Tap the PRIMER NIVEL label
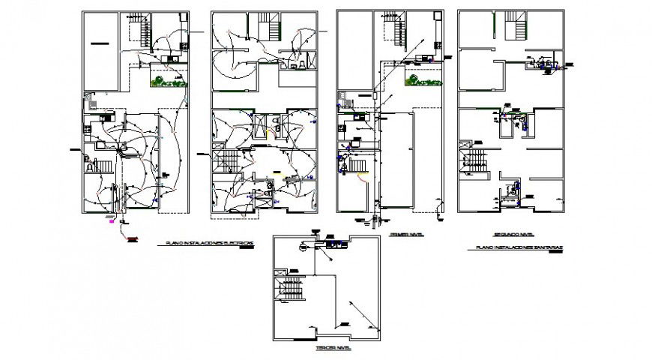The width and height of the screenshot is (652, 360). (x=405, y=235)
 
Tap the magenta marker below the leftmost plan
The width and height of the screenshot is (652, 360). (x=112, y=221)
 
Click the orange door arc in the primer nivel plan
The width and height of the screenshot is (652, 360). (x=363, y=178)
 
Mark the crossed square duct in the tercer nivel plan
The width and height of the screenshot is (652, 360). (x=281, y=273)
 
